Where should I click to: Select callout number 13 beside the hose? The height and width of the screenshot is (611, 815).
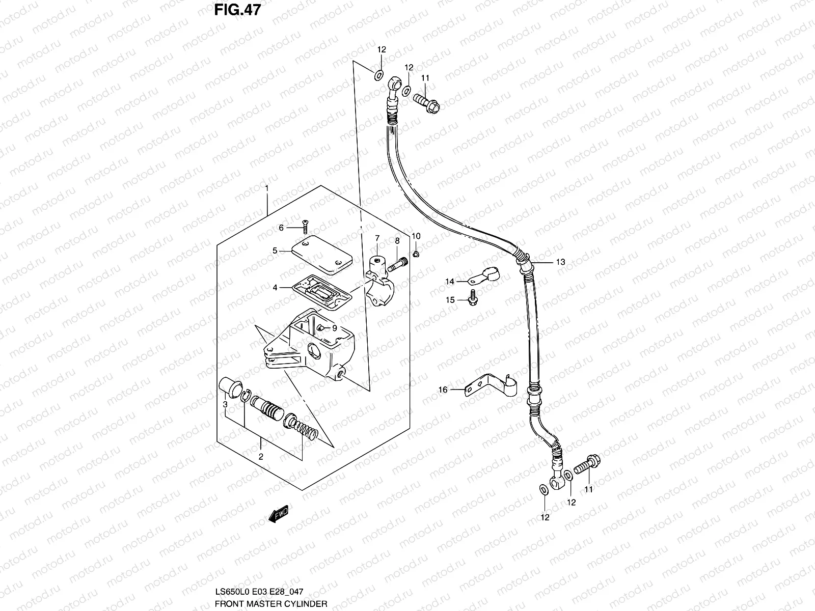(x=560, y=263)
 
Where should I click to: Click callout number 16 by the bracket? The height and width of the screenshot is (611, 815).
(x=443, y=390)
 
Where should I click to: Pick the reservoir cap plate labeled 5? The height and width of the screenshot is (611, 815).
(x=318, y=254)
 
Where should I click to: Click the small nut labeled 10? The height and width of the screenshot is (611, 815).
(x=416, y=254)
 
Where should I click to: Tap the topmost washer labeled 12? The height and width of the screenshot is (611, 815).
(x=378, y=75)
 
